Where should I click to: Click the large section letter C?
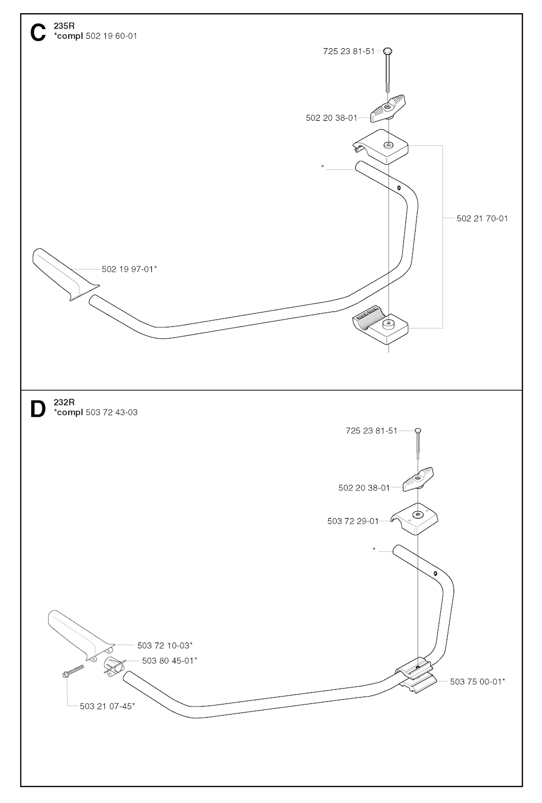coord(38,33)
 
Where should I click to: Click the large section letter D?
coord(38,409)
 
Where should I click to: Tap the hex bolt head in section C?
coord(387,51)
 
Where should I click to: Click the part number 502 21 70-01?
coord(482,218)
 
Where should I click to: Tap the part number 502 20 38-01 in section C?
coord(331,118)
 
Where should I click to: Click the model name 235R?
coord(64,26)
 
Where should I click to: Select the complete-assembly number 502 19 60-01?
coord(111,36)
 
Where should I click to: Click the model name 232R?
coord(64,402)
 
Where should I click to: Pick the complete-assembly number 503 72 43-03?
coord(112,412)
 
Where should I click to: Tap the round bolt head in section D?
coord(418,431)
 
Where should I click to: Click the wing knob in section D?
coord(418,479)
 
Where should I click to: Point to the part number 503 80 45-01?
coord(169,661)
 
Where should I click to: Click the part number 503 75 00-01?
coord(477,682)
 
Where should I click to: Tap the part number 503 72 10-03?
coord(165,645)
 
